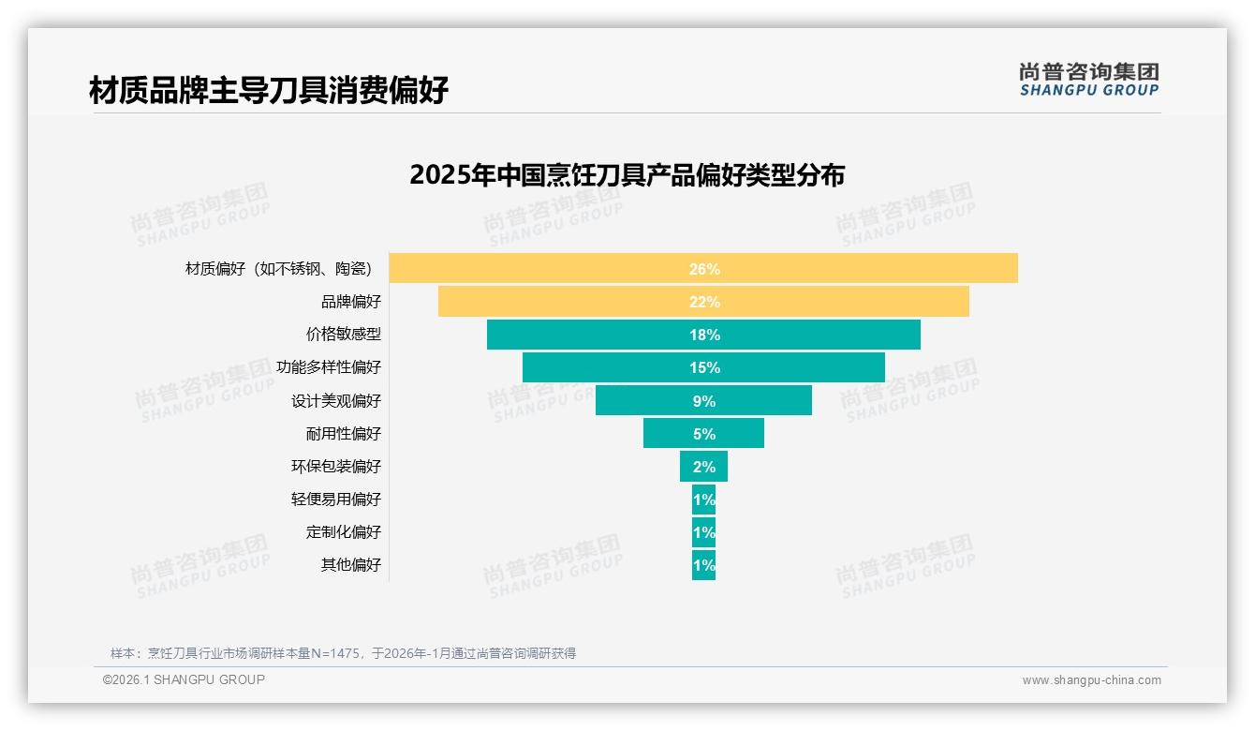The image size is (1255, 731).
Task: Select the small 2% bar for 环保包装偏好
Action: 703,466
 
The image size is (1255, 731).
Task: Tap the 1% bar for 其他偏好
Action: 703,565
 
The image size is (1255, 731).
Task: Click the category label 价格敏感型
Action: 343,335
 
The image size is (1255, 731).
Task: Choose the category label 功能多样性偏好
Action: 329,367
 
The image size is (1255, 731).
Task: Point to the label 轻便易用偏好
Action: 336,500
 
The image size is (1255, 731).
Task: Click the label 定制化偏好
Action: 343,532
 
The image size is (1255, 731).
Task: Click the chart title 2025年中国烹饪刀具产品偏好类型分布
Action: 627,175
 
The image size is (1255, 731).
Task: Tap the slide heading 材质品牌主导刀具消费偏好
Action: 269,91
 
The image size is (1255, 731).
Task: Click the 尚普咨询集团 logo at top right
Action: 1088,80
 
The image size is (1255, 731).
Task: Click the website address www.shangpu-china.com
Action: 1091,680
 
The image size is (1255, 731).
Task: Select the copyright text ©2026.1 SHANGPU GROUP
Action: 184,679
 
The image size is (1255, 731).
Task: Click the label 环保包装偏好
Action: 336,467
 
